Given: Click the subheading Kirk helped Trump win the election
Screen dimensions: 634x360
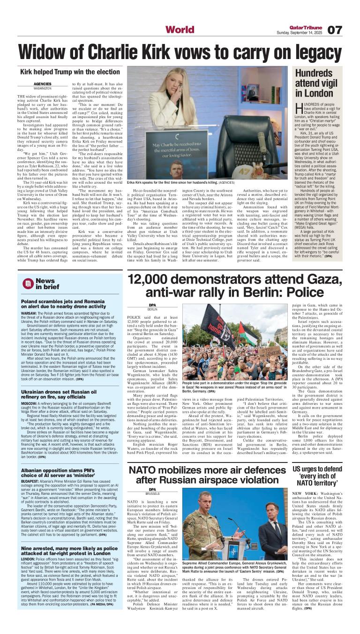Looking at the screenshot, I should tap(70, 73).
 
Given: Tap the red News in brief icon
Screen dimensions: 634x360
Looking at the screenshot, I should tap(28, 283).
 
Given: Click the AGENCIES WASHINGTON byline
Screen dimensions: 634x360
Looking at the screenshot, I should tap(42, 85).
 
